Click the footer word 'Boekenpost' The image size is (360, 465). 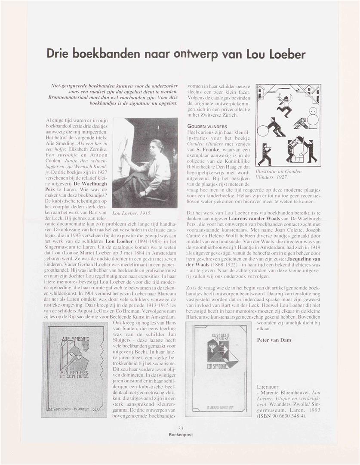181,434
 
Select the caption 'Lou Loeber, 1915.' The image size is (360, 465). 132,213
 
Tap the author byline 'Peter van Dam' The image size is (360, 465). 274,340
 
